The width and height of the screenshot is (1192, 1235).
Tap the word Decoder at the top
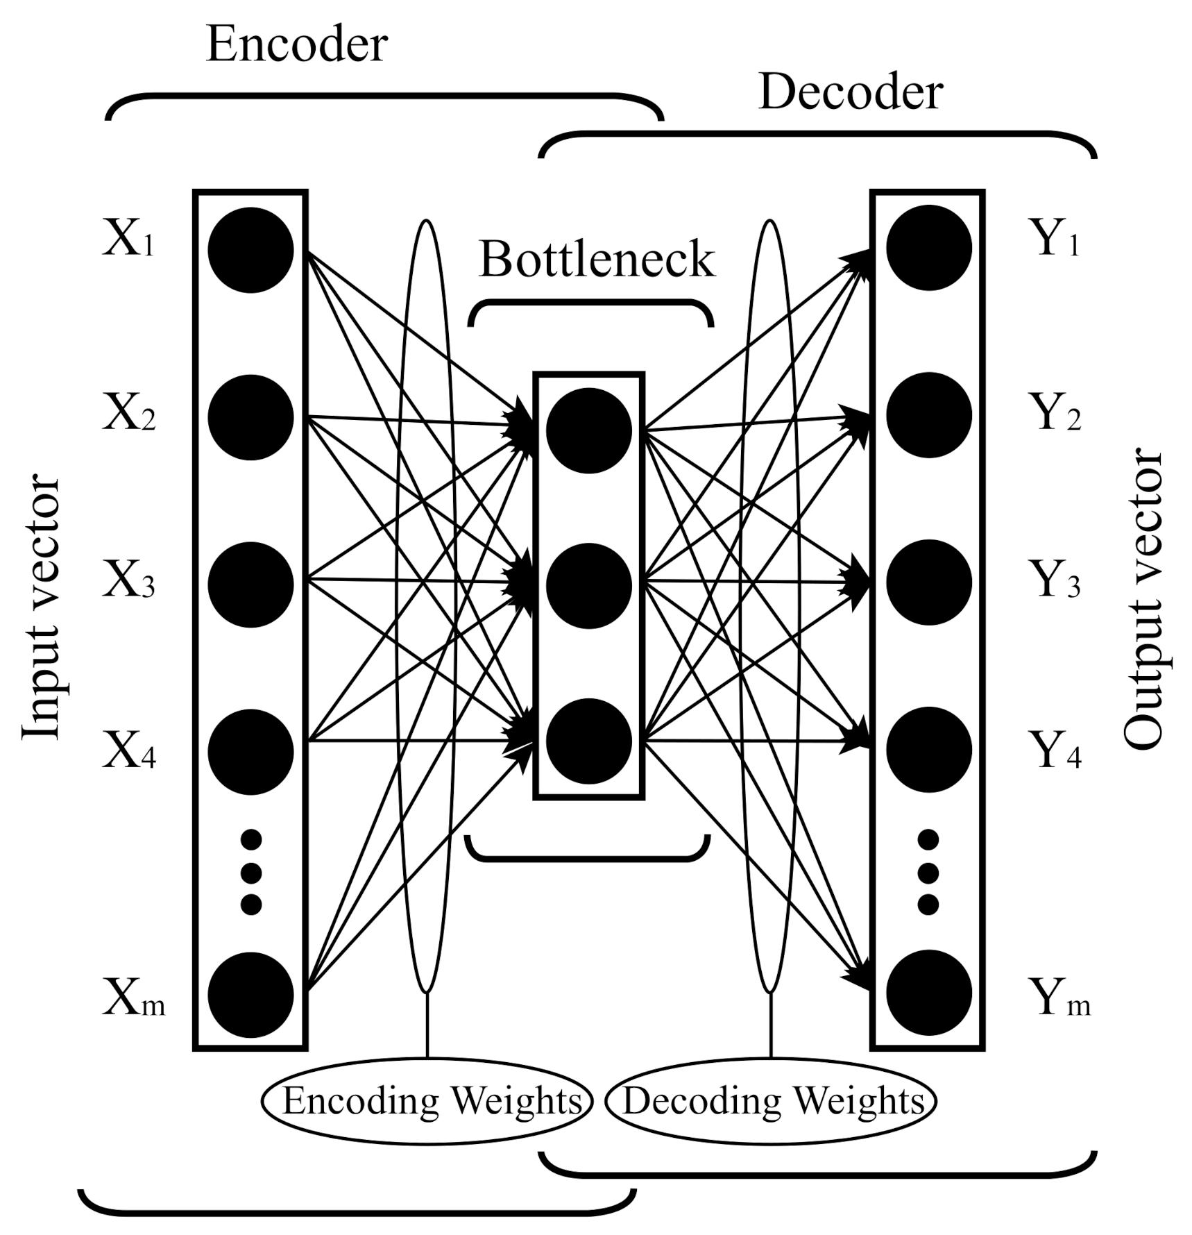851,92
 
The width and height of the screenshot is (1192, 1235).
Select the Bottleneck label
596,260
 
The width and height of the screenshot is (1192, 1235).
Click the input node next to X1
250,250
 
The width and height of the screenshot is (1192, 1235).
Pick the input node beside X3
250,585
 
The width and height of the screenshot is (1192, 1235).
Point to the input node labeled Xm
250,995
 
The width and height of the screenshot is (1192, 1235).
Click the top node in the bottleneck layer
588,430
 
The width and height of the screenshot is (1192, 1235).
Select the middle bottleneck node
588,585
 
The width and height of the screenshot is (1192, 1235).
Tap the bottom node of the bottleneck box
588,741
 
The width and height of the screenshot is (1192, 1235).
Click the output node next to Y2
928,415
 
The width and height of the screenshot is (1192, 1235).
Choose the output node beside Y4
928,750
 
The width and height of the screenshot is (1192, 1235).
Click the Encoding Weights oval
427,1101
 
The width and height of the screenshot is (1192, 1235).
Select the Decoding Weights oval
771,1101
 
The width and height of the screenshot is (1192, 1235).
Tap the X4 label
129,752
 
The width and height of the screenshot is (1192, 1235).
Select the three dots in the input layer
250,872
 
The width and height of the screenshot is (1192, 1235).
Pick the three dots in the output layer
928,872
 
